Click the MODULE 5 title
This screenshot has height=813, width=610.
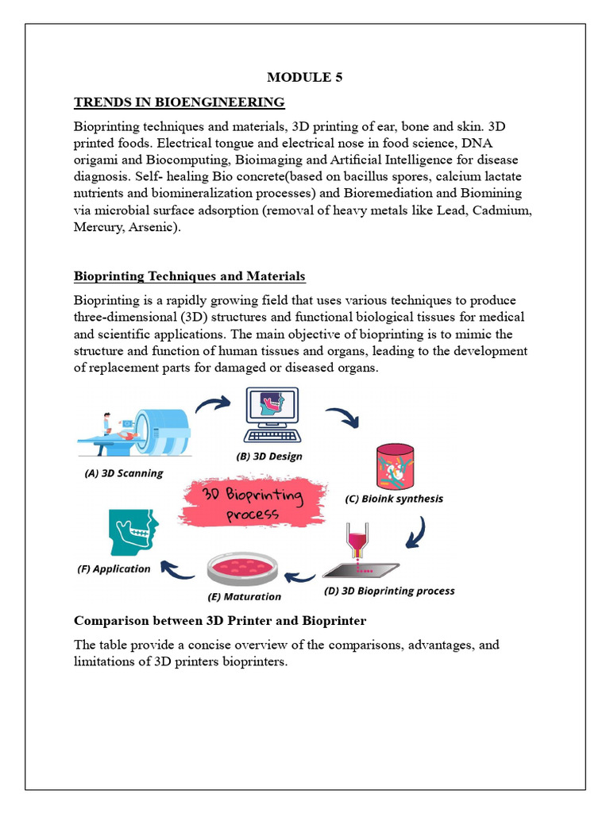tap(304, 77)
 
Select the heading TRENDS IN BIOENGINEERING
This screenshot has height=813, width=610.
tap(179, 102)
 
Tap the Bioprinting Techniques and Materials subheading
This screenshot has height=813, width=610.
tap(189, 276)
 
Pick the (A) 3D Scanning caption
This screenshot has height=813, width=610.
tap(123, 473)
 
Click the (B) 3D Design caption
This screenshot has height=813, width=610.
tap(269, 457)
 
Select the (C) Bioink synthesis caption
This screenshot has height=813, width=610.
tap(393, 499)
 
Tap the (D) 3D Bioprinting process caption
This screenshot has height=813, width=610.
tap(389, 591)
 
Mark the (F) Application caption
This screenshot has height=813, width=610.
tap(114, 568)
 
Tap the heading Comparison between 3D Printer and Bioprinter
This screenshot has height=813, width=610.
tap(219, 620)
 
